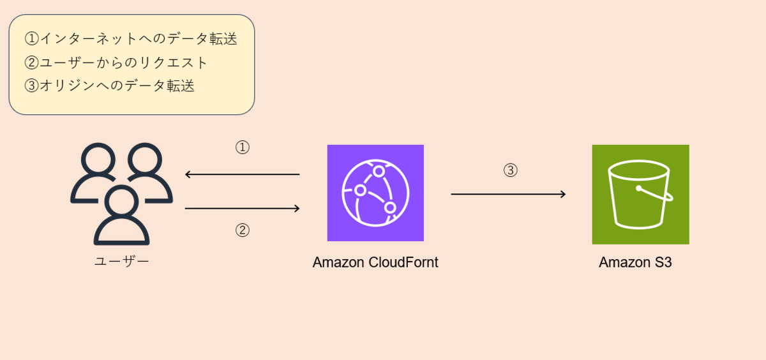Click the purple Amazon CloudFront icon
(x=375, y=193)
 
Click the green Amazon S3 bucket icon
(x=640, y=194)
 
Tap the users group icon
(x=121, y=193)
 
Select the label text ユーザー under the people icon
(x=121, y=262)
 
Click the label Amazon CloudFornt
(x=375, y=262)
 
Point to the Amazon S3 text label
(x=635, y=262)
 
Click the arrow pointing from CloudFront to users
(x=242, y=174)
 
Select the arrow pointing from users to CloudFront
(x=242, y=208)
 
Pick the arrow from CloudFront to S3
(x=508, y=194)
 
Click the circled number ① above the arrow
(x=242, y=147)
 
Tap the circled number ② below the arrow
(x=242, y=230)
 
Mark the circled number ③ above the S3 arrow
(x=510, y=170)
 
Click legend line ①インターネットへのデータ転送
(x=131, y=39)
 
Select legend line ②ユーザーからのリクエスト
(x=117, y=63)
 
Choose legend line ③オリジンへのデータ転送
(x=109, y=86)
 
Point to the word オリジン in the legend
(x=70, y=86)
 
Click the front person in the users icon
(x=121, y=217)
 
